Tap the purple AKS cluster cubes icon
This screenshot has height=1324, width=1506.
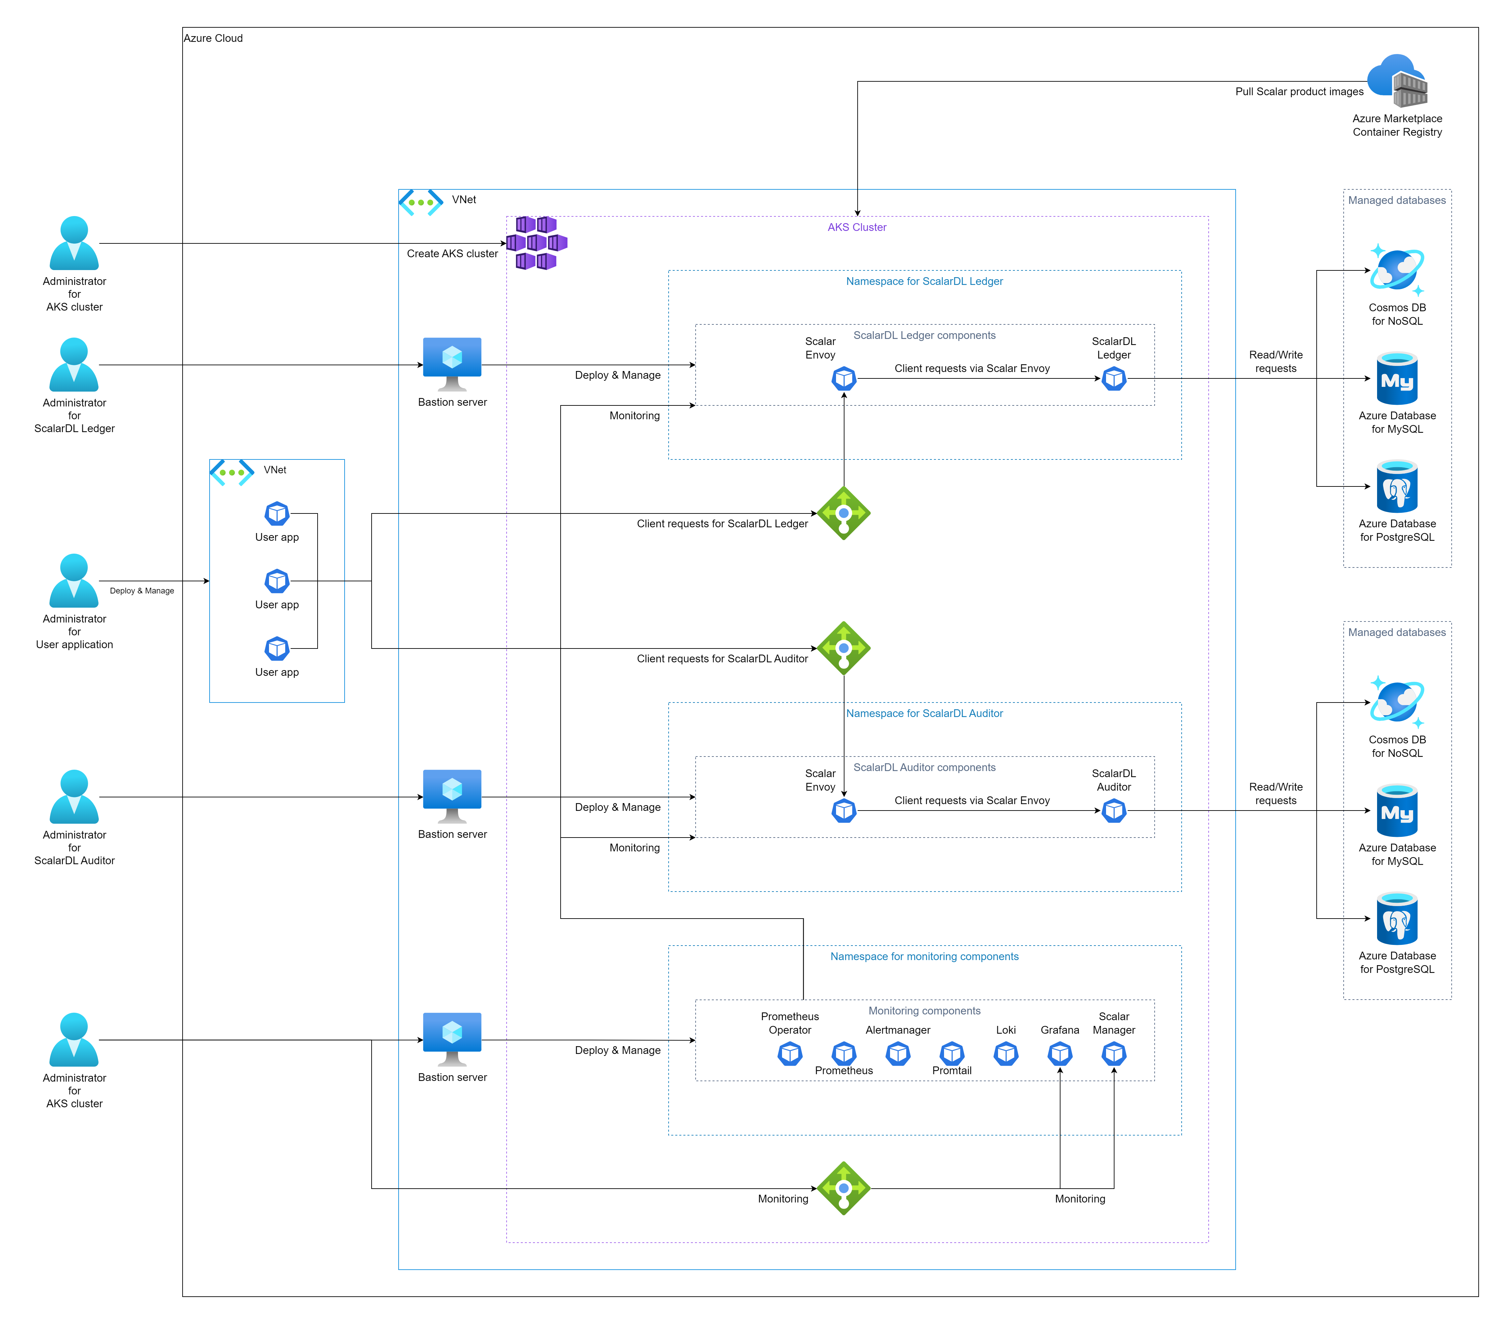pos(536,243)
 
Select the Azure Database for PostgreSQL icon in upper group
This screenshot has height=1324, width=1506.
pos(1397,486)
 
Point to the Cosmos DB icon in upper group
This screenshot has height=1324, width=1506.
pos(1397,270)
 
